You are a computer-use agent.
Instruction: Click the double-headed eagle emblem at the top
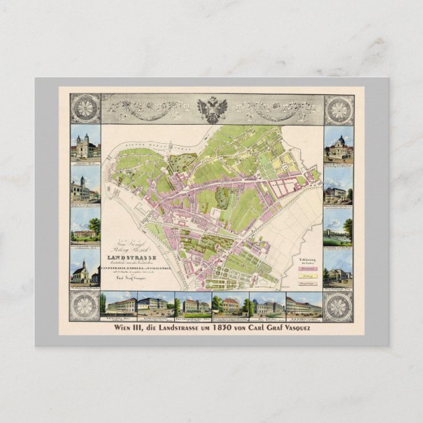[x=212, y=108]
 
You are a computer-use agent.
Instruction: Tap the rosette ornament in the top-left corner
[x=85, y=108]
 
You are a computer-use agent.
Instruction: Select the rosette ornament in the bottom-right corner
[x=338, y=306]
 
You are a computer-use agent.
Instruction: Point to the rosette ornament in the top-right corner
[x=338, y=108]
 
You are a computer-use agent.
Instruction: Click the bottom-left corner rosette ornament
[x=85, y=306]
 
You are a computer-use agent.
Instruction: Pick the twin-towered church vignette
[x=85, y=146]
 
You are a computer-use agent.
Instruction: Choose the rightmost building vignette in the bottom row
[x=303, y=305]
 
